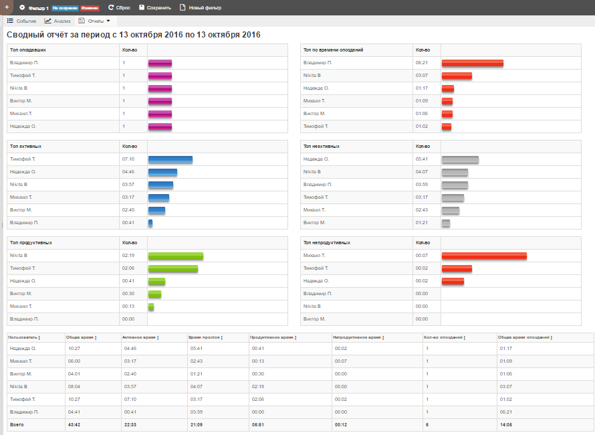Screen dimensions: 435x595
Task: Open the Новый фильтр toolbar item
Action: (200, 7)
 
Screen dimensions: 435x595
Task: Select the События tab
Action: (21, 21)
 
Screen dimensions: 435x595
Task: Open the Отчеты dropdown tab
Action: (94, 21)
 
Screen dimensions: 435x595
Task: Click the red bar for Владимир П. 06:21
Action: (472, 63)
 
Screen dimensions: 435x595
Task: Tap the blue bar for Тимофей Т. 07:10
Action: (170, 159)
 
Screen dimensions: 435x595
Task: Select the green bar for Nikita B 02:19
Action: (175, 256)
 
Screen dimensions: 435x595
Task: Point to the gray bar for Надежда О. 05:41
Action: (460, 159)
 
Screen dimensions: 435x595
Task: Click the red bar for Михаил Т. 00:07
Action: (484, 256)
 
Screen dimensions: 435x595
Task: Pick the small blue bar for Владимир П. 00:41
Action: (150, 223)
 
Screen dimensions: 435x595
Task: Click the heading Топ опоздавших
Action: (27, 50)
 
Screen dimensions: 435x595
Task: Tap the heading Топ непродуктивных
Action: (326, 243)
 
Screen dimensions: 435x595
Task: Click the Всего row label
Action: (15, 424)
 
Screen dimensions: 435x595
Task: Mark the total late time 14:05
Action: (505, 424)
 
